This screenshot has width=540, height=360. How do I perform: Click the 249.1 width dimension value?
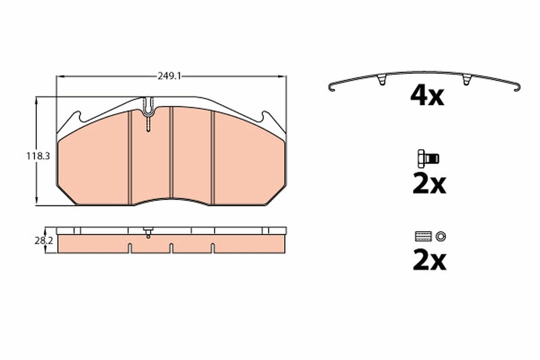169,76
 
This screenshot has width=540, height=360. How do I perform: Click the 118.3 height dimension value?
38,156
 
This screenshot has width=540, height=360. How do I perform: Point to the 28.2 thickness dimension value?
44,241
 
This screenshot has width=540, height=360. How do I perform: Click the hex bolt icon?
428,159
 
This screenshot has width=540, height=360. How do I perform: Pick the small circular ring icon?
441,237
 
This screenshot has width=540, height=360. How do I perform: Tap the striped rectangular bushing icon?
423,236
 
